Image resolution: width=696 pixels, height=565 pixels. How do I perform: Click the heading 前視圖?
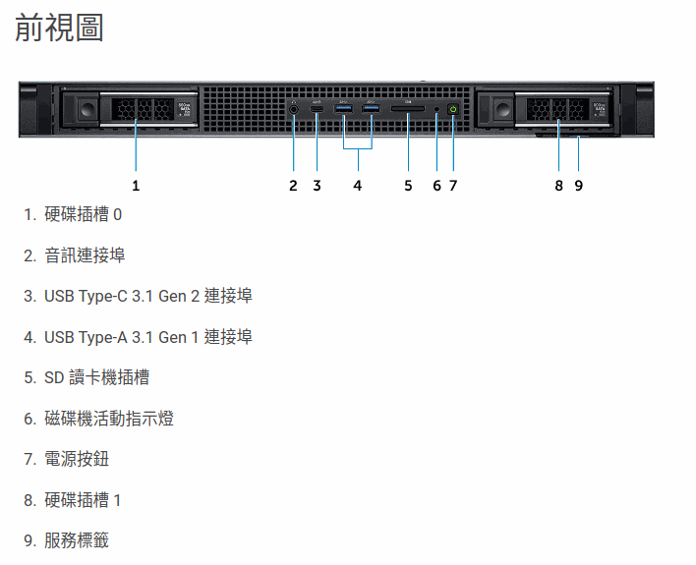click(x=60, y=28)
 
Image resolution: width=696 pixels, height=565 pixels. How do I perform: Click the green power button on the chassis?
click(x=452, y=109)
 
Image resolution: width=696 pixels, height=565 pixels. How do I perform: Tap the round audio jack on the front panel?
click(x=293, y=110)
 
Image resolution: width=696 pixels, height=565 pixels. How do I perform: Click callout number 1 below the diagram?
click(x=136, y=185)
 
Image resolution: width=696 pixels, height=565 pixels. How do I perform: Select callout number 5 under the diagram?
click(x=408, y=185)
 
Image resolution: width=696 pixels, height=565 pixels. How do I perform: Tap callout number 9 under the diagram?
click(x=579, y=185)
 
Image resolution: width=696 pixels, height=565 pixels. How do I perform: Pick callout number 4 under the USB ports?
click(x=358, y=185)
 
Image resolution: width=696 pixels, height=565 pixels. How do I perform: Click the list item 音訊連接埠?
click(x=85, y=255)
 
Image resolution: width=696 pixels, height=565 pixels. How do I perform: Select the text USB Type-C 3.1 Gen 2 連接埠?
click(x=147, y=296)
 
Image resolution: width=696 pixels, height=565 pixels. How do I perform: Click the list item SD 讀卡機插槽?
click(x=96, y=377)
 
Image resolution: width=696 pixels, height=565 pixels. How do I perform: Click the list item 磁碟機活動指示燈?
click(x=109, y=419)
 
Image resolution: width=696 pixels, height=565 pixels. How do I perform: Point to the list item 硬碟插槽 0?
click(x=84, y=214)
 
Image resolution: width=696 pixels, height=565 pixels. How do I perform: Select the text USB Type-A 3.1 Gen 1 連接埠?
click(x=147, y=337)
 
